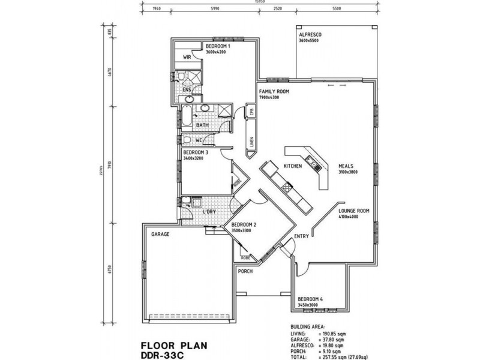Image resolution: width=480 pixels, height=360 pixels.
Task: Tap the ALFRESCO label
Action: pos(310,35)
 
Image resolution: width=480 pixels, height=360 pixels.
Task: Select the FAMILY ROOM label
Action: pos(274,91)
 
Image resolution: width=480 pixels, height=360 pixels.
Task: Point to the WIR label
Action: pos(187,58)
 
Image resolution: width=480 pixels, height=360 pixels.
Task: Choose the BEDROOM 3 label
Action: pos(196,152)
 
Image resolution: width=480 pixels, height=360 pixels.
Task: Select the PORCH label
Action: pos(245,271)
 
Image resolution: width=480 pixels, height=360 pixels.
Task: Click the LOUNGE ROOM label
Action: pos(353,211)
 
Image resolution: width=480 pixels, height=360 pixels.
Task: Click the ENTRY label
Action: pos(301,236)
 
